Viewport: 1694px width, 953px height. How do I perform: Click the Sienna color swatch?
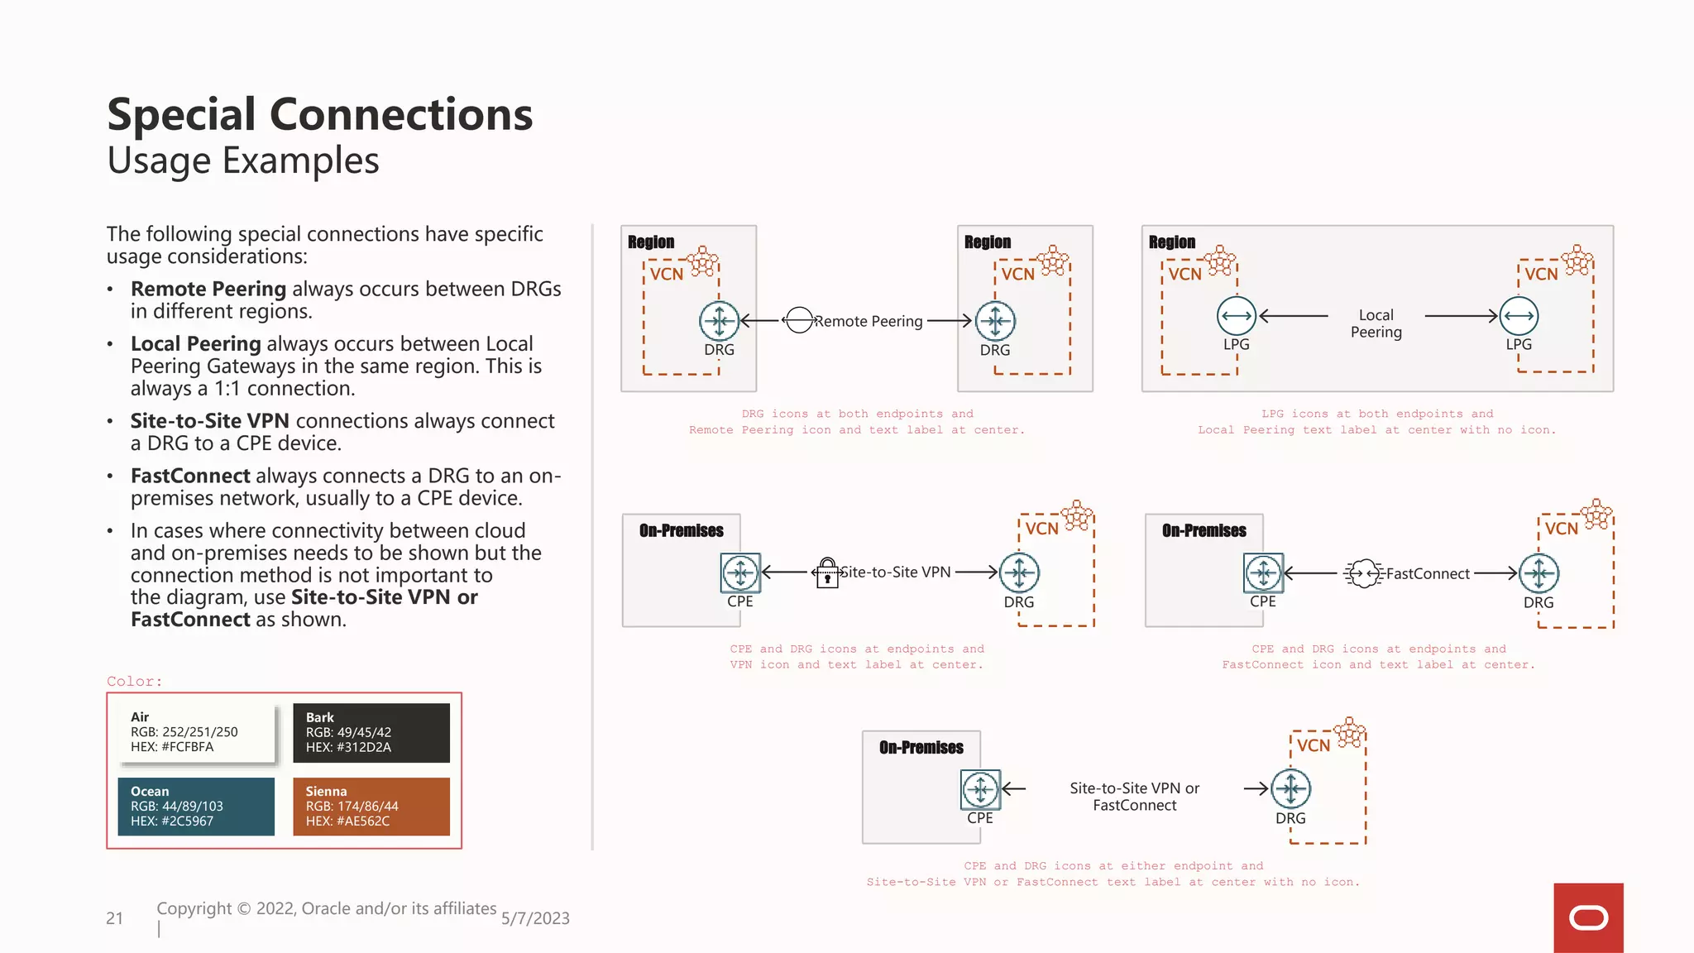tap(371, 806)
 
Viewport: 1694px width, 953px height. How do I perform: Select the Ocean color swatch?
tap(196, 806)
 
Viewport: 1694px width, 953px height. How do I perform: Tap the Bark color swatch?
tap(371, 732)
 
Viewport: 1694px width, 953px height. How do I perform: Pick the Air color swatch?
tap(196, 732)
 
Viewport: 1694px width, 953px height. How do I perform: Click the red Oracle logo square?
tap(1588, 917)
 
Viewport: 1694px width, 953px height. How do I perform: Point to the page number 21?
tap(114, 918)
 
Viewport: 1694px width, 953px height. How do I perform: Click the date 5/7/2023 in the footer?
tap(535, 918)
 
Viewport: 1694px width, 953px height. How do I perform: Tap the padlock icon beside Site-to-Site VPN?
tap(827, 572)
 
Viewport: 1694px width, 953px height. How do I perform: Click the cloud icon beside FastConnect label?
tap(1363, 573)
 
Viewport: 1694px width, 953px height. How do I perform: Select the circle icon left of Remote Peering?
tap(799, 320)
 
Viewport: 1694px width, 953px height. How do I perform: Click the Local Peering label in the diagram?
tap(1376, 323)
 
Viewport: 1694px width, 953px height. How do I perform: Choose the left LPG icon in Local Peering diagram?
tap(1237, 316)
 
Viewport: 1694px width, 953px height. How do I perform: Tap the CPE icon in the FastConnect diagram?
tap(1263, 572)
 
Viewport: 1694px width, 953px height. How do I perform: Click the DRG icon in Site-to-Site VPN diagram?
tap(1019, 572)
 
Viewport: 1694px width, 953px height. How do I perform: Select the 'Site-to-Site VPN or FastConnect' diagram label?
tap(1134, 797)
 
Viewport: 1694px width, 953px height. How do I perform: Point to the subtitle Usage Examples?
tap(243, 160)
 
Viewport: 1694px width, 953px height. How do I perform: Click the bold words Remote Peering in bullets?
tap(208, 289)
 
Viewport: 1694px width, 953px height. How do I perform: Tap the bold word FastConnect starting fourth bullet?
tap(190, 476)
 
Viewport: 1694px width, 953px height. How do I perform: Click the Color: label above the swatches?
tap(135, 682)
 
